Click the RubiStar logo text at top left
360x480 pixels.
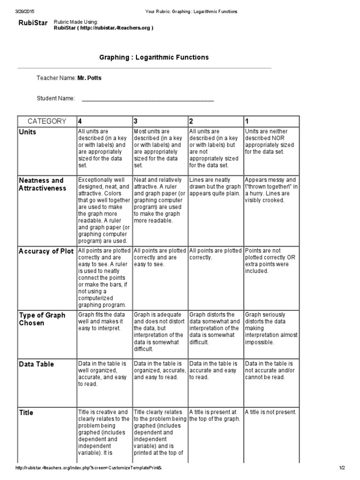coord(32,23)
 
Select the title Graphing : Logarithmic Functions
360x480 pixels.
coord(154,57)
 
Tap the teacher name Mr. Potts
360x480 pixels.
coord(90,78)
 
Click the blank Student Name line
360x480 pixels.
coord(148,98)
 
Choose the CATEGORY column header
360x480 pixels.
coord(47,121)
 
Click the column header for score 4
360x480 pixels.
coord(80,121)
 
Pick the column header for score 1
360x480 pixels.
coord(247,121)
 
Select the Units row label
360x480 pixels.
coord(27,132)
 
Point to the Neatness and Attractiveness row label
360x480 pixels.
coord(41,184)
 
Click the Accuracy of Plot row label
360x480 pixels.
coord(46,251)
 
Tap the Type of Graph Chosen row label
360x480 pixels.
coord(42,319)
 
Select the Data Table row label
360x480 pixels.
coord(36,364)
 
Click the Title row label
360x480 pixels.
coord(26,413)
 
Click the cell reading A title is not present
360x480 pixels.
coord(270,412)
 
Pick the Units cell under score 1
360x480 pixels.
coord(270,142)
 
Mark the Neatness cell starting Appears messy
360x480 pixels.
coord(270,190)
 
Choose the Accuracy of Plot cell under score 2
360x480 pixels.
coord(215,254)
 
